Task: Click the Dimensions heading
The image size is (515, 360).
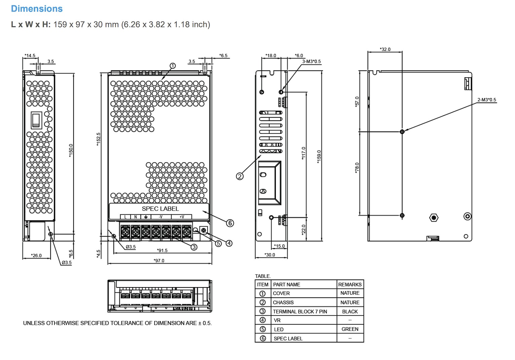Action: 37,9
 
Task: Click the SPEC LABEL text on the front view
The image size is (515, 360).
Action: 160,209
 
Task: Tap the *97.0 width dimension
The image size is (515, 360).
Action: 159,261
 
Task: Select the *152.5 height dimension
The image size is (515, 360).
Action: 99,139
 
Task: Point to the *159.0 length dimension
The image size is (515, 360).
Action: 319,157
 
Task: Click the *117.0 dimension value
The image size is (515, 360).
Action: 303,153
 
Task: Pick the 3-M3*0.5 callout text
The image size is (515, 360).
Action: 311,61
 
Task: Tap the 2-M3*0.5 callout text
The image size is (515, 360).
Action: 487,100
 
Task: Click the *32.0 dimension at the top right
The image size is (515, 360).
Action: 385,49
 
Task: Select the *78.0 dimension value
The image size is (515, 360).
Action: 357,168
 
